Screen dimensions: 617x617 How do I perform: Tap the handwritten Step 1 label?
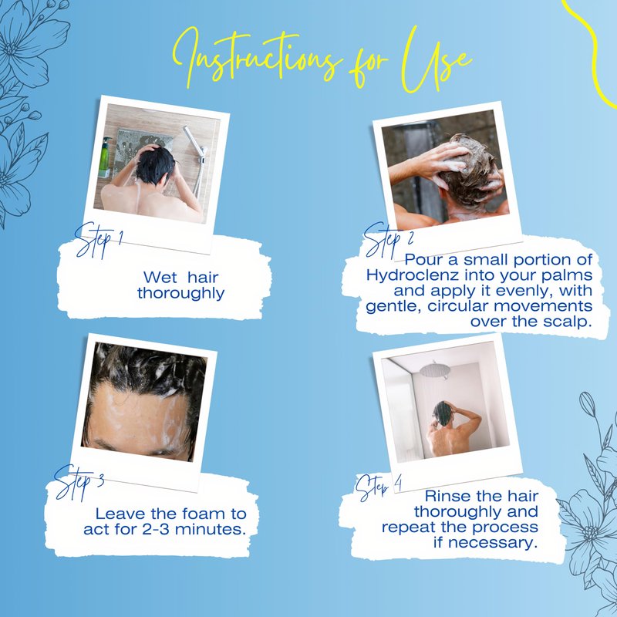pos(99,240)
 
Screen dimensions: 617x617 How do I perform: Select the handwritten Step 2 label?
pos(389,240)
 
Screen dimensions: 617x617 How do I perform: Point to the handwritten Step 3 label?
pos(79,482)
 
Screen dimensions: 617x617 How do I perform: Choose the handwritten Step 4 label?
pos(379,487)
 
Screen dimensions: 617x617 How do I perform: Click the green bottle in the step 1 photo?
pos(105,157)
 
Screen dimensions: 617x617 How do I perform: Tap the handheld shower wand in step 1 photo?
pos(197,157)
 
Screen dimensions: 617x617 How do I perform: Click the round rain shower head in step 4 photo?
pos(434,370)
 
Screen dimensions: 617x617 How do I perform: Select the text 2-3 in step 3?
pos(156,529)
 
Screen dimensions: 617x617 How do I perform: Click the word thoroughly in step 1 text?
pos(181,294)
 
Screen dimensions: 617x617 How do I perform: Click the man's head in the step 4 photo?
pos(443,413)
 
